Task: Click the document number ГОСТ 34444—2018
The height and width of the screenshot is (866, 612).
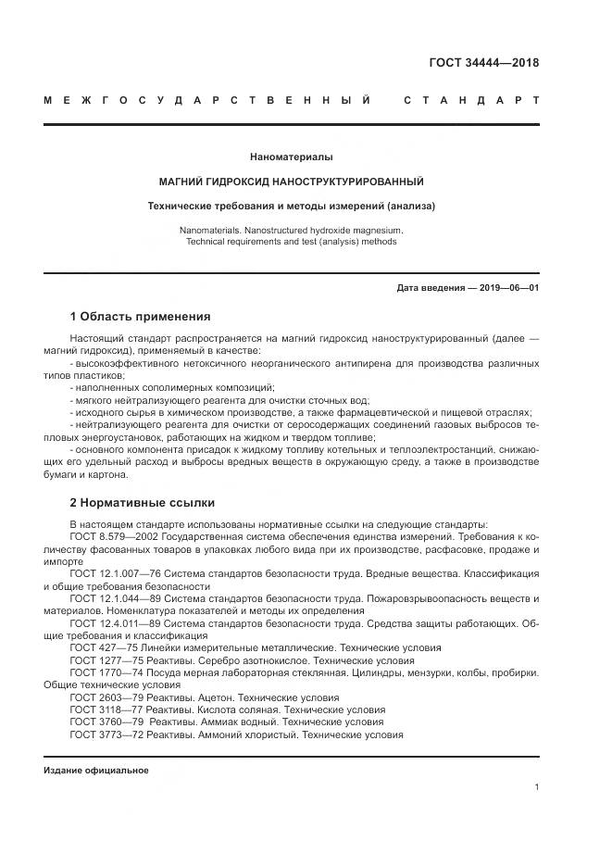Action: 483,63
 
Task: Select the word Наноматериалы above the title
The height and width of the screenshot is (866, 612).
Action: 292,157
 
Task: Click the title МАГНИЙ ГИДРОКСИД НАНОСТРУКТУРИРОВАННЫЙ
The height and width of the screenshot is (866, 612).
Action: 292,182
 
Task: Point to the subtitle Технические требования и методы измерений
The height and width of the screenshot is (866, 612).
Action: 292,206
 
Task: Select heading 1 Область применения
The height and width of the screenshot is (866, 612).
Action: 140,316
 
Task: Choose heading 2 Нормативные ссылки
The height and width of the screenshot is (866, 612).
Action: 142,503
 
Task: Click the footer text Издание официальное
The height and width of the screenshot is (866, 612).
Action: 95,771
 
